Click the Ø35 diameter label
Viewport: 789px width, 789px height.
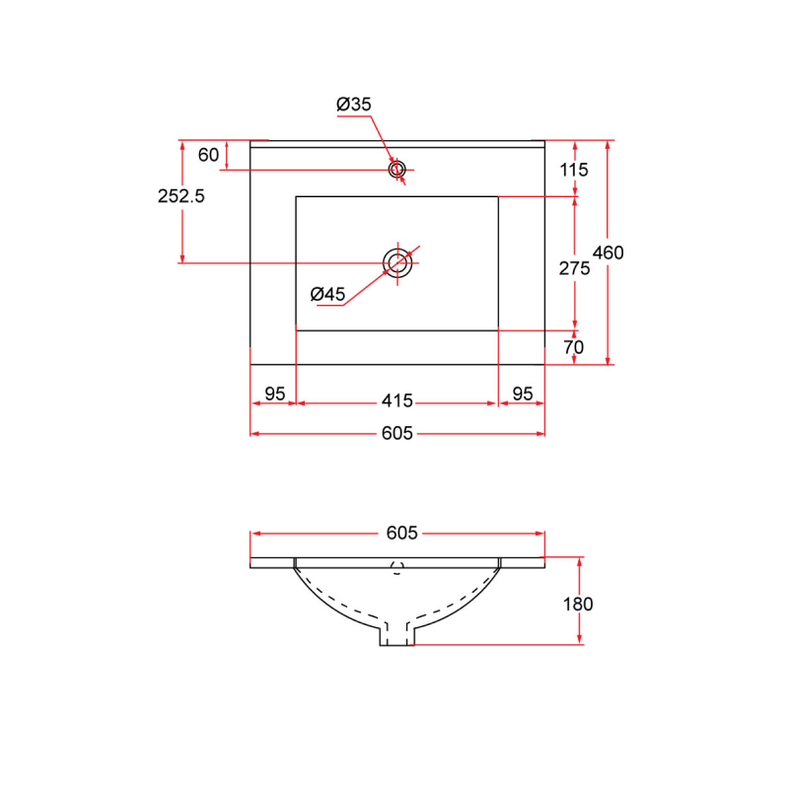click(x=353, y=105)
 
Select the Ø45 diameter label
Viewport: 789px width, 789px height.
click(x=327, y=294)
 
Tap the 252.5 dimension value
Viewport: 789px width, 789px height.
click(x=181, y=196)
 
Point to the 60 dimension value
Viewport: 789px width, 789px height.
click(x=208, y=155)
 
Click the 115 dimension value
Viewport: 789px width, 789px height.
click(x=573, y=170)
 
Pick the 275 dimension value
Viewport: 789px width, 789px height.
click(x=573, y=268)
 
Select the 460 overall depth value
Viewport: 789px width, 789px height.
click(x=608, y=252)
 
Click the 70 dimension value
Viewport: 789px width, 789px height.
click(x=573, y=347)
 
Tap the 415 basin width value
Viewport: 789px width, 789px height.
click(x=396, y=400)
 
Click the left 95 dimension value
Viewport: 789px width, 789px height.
click(x=274, y=394)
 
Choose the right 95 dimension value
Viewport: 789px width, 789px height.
click(x=522, y=394)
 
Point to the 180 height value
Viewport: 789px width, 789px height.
click(x=578, y=604)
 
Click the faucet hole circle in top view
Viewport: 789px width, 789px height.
click(x=397, y=170)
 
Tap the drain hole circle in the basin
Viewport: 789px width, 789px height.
click(x=397, y=262)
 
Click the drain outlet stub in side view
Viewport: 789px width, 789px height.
click(x=397, y=636)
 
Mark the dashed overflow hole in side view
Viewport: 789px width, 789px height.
click(x=397, y=566)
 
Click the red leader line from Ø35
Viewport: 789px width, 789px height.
click(x=380, y=137)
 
